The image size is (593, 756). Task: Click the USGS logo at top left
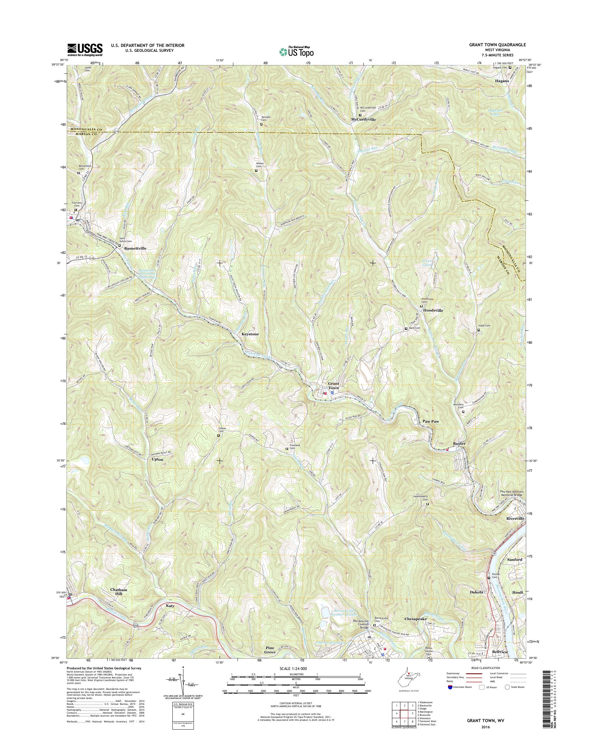(x=85, y=50)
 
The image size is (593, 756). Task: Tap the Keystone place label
(x=250, y=334)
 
